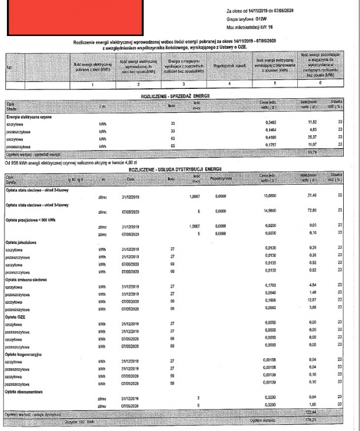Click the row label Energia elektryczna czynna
pyautogui.click(x=30, y=117)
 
